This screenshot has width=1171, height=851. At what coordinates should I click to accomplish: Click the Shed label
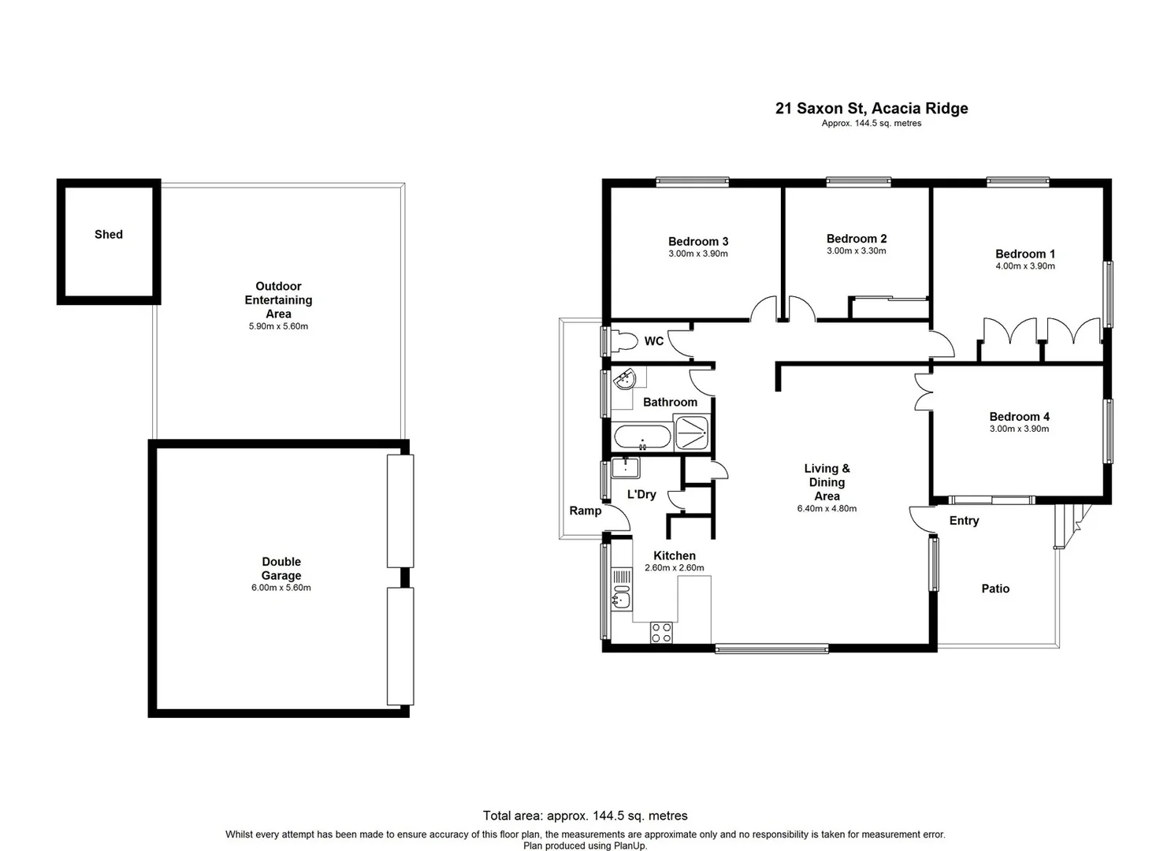coord(109,234)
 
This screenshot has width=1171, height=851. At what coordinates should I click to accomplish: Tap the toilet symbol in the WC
coord(626,341)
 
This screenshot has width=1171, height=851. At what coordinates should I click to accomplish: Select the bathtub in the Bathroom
coord(642,437)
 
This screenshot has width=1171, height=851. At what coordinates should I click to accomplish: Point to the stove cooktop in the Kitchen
coord(661,633)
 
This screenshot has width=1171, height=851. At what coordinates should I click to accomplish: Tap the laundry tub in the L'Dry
coord(626,468)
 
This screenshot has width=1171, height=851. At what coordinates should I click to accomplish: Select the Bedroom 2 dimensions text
coord(856,251)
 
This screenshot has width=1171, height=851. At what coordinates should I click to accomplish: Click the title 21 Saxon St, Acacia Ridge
coord(871,109)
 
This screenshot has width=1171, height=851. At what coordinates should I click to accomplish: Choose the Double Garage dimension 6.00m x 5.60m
coord(281,588)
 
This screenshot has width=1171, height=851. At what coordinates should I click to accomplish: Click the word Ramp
coord(585,511)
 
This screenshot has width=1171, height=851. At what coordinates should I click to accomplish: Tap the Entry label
coord(964,521)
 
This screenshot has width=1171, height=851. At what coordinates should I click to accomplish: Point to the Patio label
coord(995,589)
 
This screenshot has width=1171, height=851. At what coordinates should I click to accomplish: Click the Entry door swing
coord(919,518)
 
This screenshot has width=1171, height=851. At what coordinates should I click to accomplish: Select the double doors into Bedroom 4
coord(923,392)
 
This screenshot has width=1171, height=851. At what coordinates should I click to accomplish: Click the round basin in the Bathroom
coord(626,381)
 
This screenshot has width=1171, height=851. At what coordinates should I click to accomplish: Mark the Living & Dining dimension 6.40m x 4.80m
coord(827,509)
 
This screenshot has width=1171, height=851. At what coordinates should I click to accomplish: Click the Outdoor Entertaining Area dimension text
coord(278,326)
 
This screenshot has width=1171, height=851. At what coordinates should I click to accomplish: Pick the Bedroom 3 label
coord(697,241)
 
